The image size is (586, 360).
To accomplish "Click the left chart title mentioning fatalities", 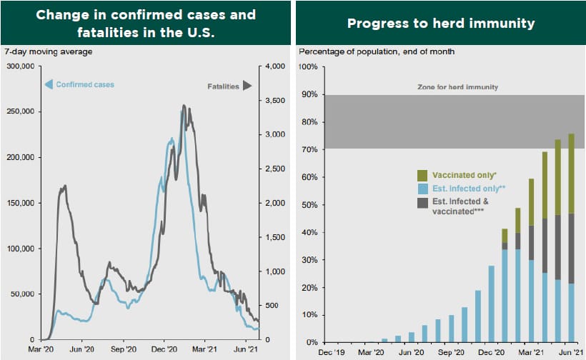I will pyautogui.click(x=146, y=23).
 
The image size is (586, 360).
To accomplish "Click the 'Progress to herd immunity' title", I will pyautogui.click(x=441, y=24).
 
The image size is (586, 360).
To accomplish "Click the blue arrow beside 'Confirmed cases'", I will pyautogui.click(x=49, y=85).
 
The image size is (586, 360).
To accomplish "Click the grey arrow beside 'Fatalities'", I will pyautogui.click(x=247, y=86).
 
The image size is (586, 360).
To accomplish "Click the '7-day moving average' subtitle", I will pyautogui.click(x=48, y=51).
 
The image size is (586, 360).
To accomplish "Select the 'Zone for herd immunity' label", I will pyautogui.click(x=457, y=86).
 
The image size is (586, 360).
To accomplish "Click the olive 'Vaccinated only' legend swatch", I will pyautogui.click(x=422, y=175).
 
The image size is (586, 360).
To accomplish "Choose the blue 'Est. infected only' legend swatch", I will pyautogui.click(x=422, y=189).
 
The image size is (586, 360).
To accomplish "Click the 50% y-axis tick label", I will pyautogui.click(x=309, y=204).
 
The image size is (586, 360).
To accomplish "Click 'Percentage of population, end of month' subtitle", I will pyautogui.click(x=376, y=51).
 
